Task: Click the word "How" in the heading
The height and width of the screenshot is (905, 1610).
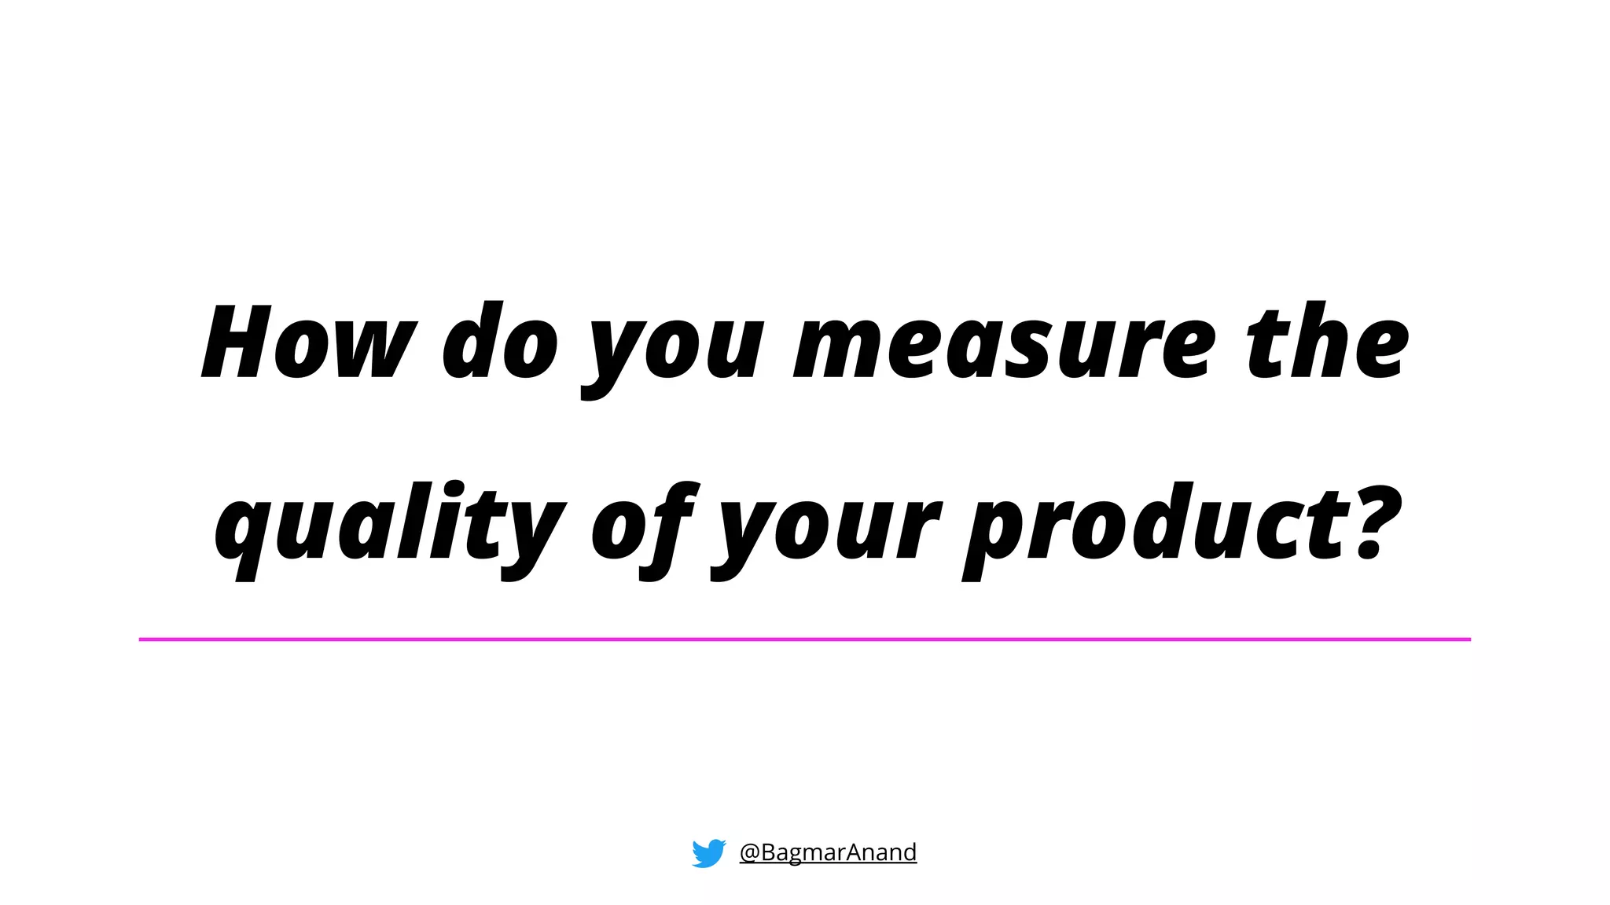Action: [x=308, y=343]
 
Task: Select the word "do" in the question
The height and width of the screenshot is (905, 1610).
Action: [x=500, y=343]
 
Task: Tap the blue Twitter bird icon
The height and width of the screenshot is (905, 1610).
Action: [x=708, y=852]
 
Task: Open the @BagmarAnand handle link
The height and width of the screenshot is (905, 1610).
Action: [x=828, y=852]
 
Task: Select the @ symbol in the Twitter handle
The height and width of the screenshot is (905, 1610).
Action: [x=749, y=852]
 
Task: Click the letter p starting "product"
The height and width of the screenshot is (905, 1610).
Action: [x=994, y=534]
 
